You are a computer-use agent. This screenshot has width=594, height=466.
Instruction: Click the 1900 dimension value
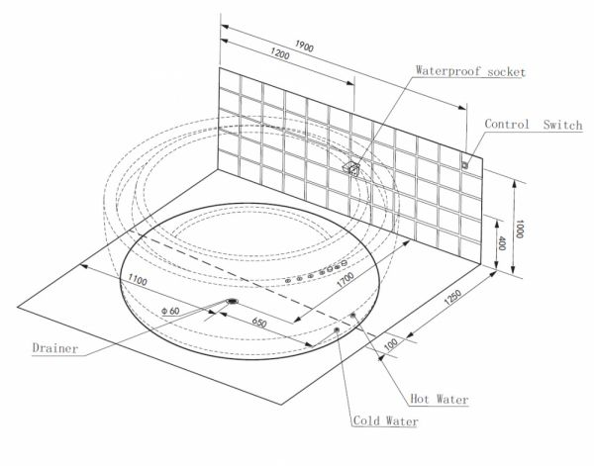click(304, 46)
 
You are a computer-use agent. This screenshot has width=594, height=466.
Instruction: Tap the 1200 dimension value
click(280, 54)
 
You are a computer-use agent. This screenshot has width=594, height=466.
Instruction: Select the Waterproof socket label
click(470, 71)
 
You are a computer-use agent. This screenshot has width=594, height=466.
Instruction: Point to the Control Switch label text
click(534, 125)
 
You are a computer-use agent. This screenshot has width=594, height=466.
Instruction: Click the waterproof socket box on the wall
click(351, 167)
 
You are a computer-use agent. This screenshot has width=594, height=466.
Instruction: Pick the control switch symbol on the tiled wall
click(465, 164)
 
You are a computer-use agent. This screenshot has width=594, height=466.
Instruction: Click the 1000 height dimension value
click(520, 229)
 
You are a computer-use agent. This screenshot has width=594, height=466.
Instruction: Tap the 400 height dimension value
click(502, 243)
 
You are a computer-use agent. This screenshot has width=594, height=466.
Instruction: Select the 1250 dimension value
click(452, 297)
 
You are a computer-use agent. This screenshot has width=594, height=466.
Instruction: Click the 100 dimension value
click(391, 344)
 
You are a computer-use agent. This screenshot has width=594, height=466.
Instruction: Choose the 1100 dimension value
click(138, 280)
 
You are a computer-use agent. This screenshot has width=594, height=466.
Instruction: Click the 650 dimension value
click(259, 323)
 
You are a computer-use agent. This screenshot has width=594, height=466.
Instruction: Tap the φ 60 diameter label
click(170, 312)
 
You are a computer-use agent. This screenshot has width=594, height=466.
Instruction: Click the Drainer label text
click(55, 348)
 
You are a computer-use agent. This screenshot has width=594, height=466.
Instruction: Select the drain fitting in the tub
click(232, 302)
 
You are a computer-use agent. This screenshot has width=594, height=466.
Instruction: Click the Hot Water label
click(440, 399)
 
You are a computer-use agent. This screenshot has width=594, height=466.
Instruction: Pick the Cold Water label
click(386, 420)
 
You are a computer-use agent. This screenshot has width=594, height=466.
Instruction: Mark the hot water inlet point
click(353, 315)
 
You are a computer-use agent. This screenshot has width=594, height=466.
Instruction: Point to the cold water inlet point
click(337, 330)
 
